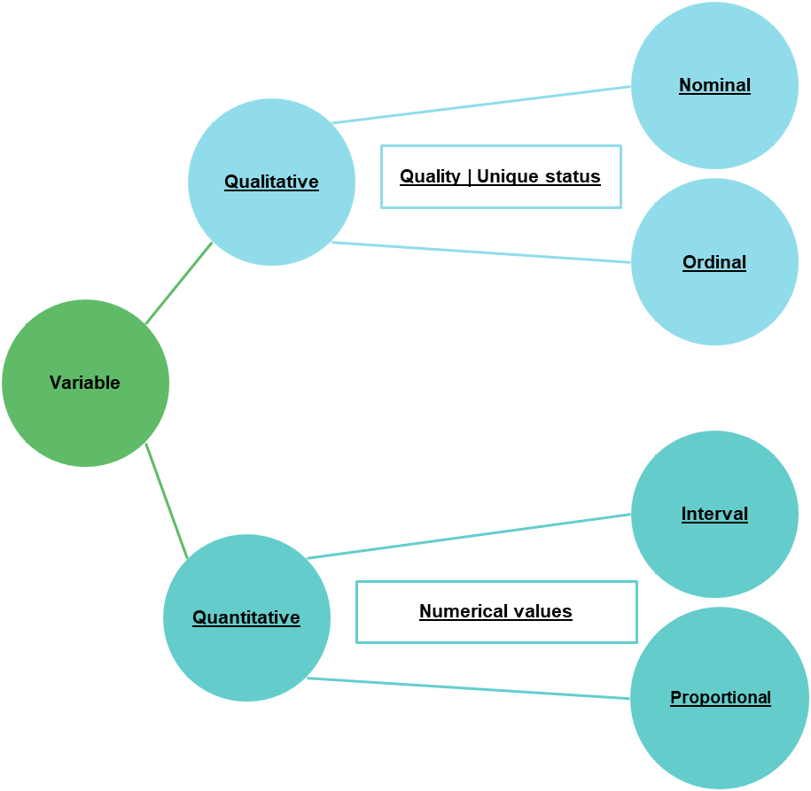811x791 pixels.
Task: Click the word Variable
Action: coord(84,383)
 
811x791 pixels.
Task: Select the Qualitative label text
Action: coord(271,182)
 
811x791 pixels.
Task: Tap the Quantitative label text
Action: coord(246,617)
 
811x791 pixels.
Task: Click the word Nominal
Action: coord(714,85)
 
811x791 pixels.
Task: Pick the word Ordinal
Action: coord(714,262)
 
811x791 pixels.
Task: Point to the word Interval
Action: coord(714,514)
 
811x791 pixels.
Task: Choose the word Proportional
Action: coord(721,697)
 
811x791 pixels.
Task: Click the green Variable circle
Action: coord(84,425)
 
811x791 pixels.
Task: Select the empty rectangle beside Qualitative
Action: coord(501,177)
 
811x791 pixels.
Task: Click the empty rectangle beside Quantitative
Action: coord(496,612)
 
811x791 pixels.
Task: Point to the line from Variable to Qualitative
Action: coord(180,283)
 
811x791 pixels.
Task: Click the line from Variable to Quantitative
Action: coord(167,501)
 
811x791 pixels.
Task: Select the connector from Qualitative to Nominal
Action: coord(481,105)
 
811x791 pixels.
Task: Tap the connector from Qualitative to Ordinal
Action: coord(481,252)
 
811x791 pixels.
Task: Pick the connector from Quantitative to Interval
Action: coord(470,536)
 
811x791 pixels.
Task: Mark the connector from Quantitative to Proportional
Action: coord(468,689)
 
